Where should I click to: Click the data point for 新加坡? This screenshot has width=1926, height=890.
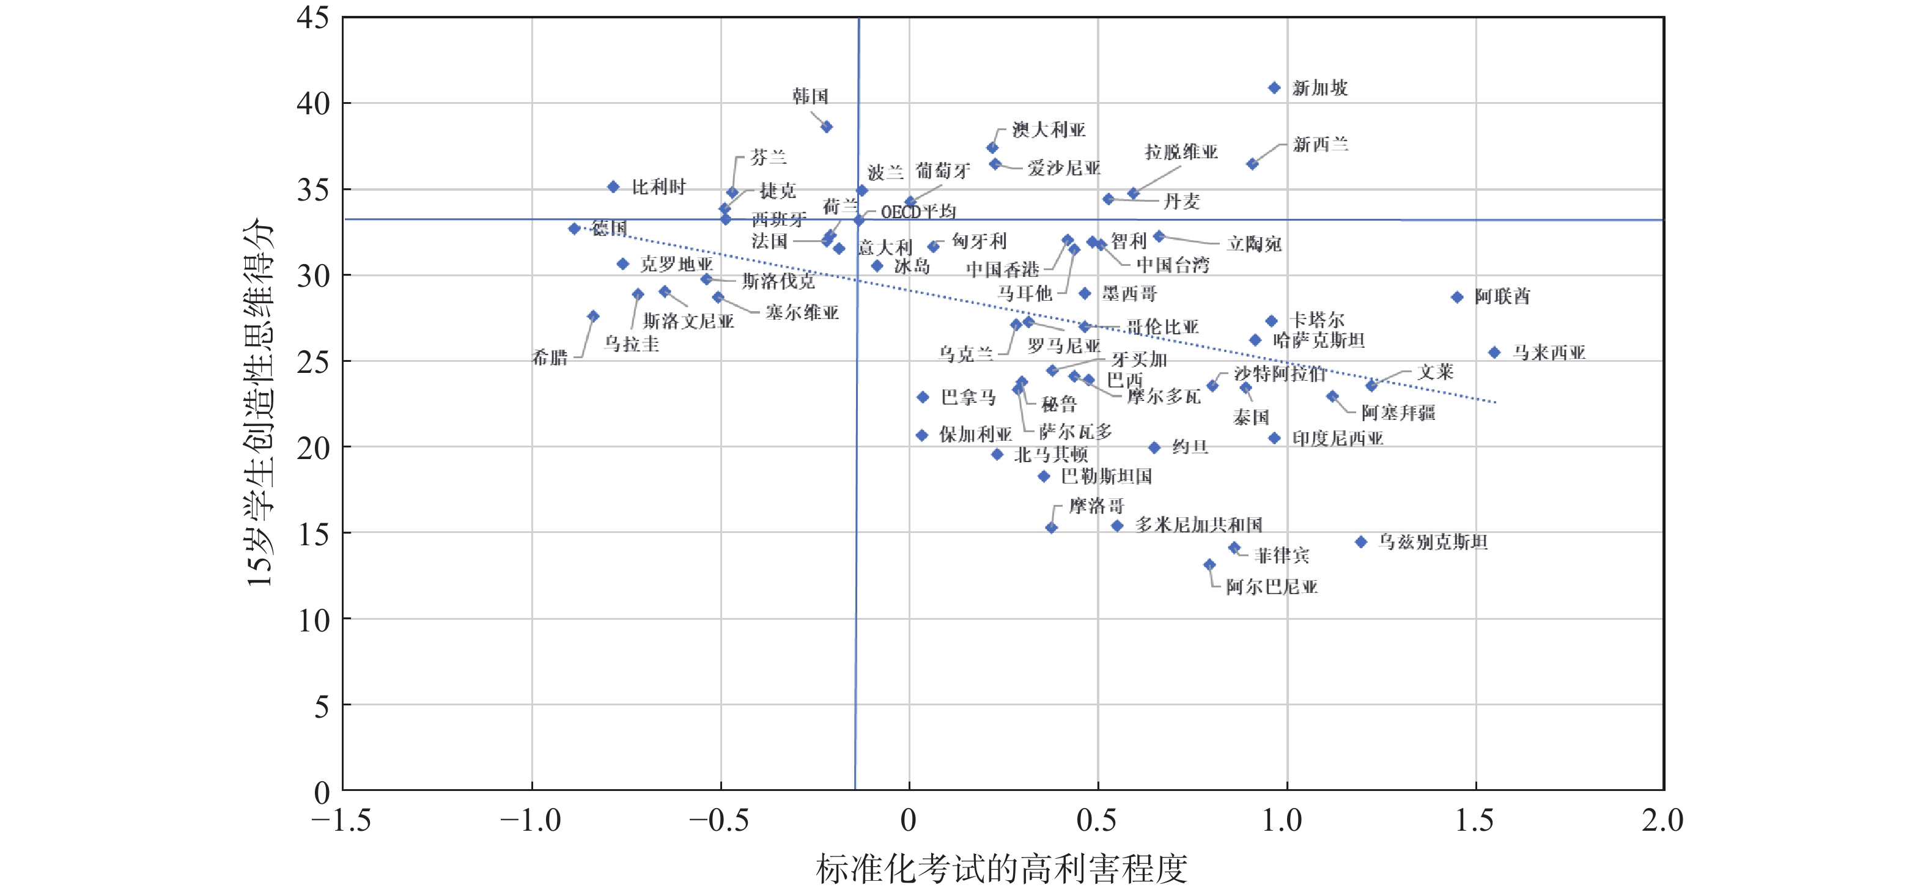(1274, 88)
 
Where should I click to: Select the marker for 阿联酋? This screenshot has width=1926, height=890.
(1456, 298)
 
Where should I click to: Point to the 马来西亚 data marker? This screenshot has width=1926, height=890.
(1494, 353)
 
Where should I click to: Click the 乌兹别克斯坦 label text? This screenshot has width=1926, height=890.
(1433, 542)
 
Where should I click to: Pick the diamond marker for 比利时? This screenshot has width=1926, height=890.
(613, 187)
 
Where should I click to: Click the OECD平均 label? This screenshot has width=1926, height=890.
(918, 212)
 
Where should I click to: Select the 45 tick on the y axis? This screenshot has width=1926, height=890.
(313, 17)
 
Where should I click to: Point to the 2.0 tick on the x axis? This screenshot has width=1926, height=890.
(1662, 820)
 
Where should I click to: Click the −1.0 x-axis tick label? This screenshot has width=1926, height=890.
(531, 820)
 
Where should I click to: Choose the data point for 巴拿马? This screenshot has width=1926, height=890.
(923, 397)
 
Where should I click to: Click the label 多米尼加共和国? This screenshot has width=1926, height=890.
(1198, 524)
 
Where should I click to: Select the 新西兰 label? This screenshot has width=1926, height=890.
(1321, 144)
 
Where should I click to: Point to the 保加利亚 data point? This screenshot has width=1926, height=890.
(922, 435)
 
